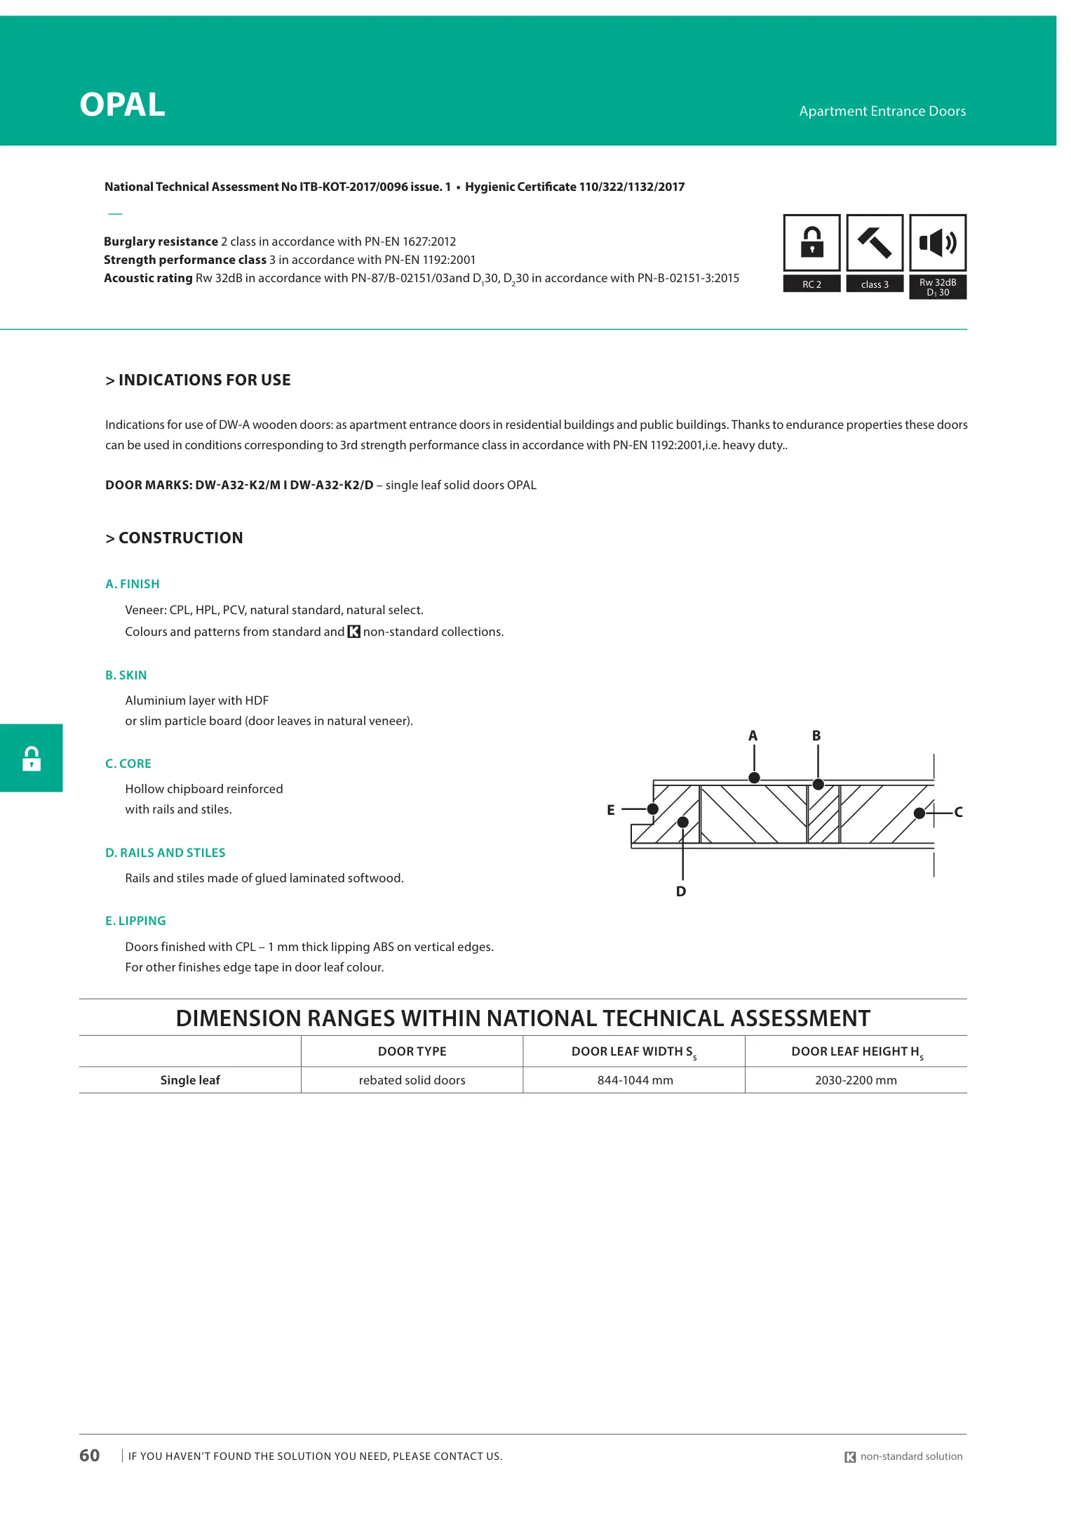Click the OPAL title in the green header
pyautogui.click(x=123, y=105)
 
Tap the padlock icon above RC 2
pyautogui.click(x=811, y=242)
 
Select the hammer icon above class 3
pyautogui.click(x=875, y=242)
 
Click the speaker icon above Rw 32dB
pyautogui.click(x=938, y=243)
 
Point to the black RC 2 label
pyautogui.click(x=811, y=284)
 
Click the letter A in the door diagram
pyautogui.click(x=753, y=736)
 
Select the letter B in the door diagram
pyautogui.click(x=816, y=736)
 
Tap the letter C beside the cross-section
pyautogui.click(x=958, y=812)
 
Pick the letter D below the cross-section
pyautogui.click(x=681, y=891)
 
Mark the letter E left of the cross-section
pyautogui.click(x=611, y=810)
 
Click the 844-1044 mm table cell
pyautogui.click(x=635, y=1080)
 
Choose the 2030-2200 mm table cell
pyautogui.click(x=856, y=1080)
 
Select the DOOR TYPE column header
pyautogui.click(x=412, y=1051)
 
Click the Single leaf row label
pyautogui.click(x=190, y=1080)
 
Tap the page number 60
pyautogui.click(x=90, y=1456)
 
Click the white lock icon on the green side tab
pyautogui.click(x=32, y=759)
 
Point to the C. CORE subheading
pyautogui.click(x=128, y=764)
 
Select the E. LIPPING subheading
pyautogui.click(x=135, y=921)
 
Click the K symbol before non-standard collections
pyautogui.click(x=354, y=632)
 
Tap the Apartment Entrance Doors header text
pyautogui.click(x=882, y=111)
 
